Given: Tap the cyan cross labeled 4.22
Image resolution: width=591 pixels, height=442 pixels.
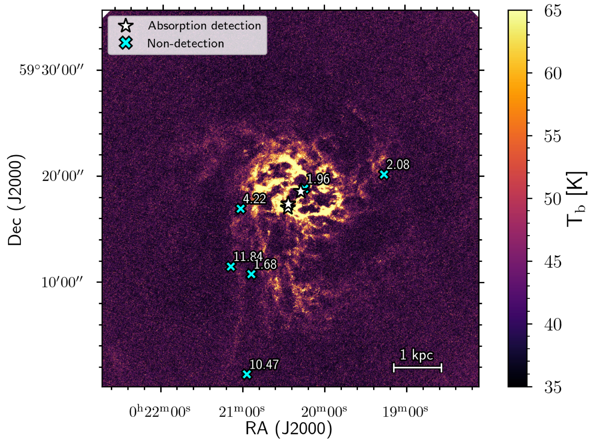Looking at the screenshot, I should tap(241, 209).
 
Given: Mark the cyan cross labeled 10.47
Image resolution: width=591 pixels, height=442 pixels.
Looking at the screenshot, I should tap(247, 374).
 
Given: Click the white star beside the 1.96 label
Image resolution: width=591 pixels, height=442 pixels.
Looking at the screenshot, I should tap(301, 191).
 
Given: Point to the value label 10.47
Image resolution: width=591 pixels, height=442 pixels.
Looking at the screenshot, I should tap(264, 365).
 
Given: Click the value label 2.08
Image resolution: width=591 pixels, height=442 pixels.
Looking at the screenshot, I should tap(398, 165).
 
